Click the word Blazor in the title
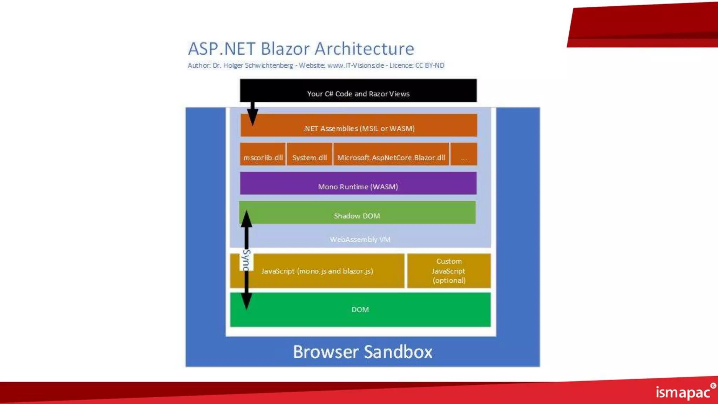(285, 48)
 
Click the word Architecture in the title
(364, 48)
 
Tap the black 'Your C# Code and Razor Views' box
(358, 90)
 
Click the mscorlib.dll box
(263, 154)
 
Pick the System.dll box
(310, 154)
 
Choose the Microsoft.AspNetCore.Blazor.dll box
(391, 154)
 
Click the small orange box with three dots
(464, 154)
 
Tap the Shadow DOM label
(357, 216)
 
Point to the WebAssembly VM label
(360, 240)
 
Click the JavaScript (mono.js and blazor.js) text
(317, 271)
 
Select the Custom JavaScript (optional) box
(449, 271)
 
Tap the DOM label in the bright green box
(360, 310)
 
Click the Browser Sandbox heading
(363, 352)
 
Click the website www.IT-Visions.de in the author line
(355, 66)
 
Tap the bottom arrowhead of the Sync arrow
(246, 302)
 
